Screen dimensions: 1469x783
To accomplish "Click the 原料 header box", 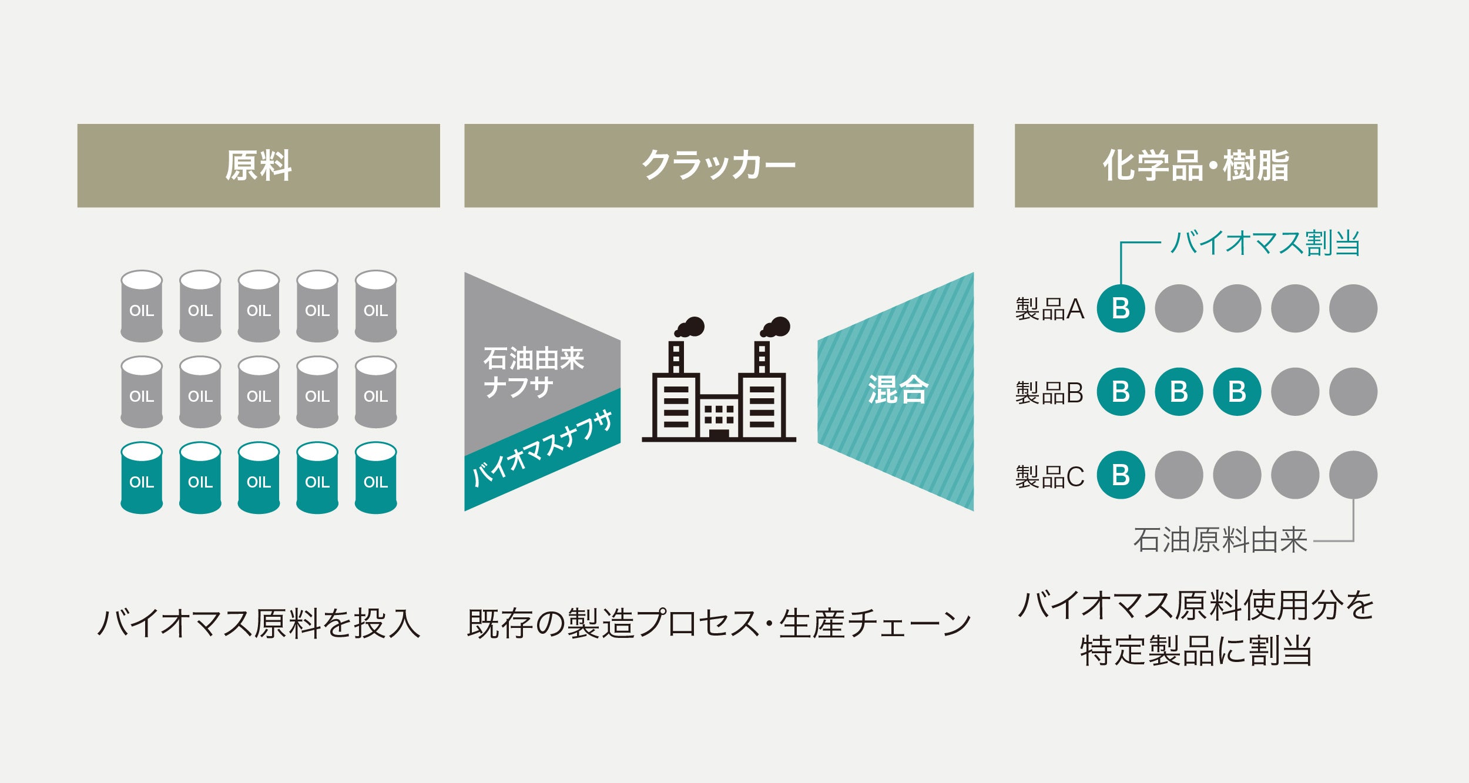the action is click(259, 165).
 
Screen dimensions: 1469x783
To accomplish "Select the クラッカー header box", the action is click(718, 165).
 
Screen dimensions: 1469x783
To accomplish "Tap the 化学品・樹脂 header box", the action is click(1195, 165).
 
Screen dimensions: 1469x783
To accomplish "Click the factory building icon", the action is click(719, 399).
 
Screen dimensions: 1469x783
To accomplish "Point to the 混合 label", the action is click(898, 389).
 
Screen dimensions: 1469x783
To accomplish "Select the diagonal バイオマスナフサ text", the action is click(542, 449).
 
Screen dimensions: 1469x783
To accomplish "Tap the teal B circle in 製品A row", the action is click(1121, 308).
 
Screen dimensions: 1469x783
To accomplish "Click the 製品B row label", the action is click(1049, 392).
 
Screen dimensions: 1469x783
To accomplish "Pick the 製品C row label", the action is click(1049, 476).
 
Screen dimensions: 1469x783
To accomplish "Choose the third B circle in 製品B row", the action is click(1237, 392).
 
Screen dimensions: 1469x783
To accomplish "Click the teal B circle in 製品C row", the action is click(1121, 475).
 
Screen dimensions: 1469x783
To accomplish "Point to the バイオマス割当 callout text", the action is click(1265, 243).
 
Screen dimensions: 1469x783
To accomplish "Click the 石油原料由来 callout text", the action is click(1220, 540).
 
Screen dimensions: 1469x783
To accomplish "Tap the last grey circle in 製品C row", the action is click(1353, 475).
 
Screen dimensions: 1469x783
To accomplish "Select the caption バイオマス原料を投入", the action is click(259, 623).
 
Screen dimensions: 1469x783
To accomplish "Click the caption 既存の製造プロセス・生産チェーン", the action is click(718, 623).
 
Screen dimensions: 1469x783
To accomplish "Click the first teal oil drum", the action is click(142, 478).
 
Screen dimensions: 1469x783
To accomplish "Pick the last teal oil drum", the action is click(375, 478).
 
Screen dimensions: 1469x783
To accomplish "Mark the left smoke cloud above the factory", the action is click(690, 327).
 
